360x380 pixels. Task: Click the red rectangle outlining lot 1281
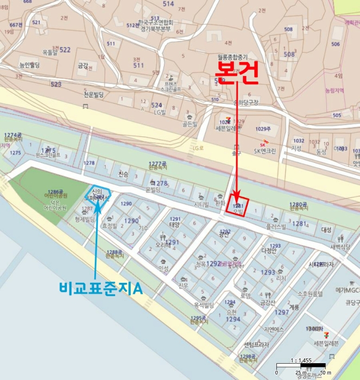[238, 206]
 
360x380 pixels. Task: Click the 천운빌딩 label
[97, 93]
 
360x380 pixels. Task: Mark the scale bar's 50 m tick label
[324, 372]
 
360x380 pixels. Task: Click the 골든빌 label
[189, 124]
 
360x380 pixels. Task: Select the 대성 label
[326, 230]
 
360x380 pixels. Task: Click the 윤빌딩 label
[153, 190]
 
